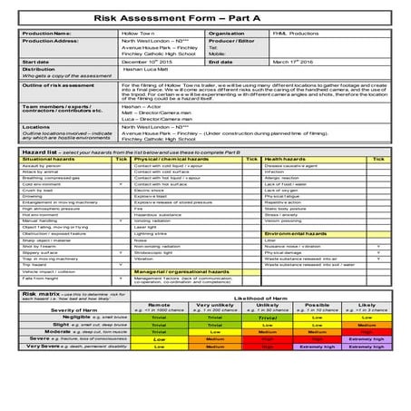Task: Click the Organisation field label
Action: (x=226, y=32)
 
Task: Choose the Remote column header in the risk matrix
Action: (x=159, y=305)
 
